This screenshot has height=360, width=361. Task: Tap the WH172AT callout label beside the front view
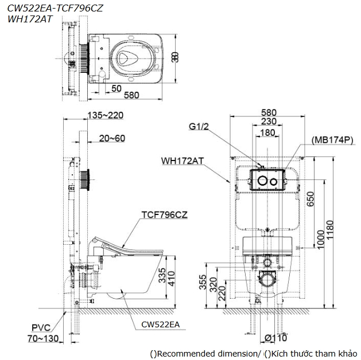pyautogui.click(x=183, y=161)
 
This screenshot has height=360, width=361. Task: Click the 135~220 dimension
pyautogui.click(x=106, y=115)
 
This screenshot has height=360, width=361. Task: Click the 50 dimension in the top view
pyautogui.click(x=117, y=88)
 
